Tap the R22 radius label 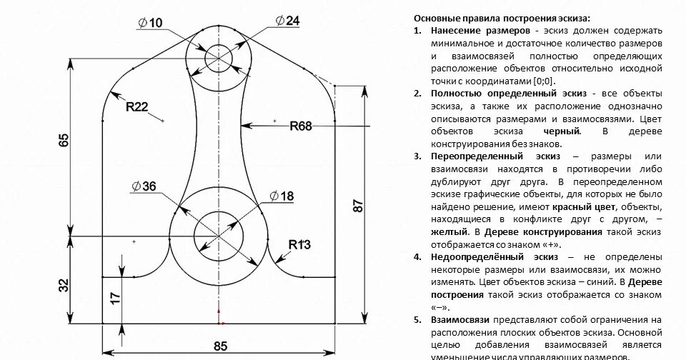coord(136,107)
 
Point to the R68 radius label coord(301,126)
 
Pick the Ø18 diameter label coord(282,195)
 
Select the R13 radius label coord(299,244)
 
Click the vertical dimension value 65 coord(64,140)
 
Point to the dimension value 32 coord(64,284)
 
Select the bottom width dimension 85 coord(220,346)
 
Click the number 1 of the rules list coord(417,31)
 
